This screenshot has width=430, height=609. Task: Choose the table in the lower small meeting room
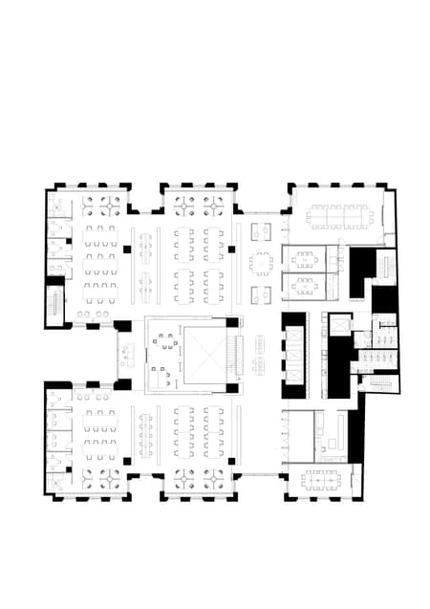click(x=304, y=284)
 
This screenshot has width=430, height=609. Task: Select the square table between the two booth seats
click(x=261, y=261)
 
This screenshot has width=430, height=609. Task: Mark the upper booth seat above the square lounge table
click(x=261, y=230)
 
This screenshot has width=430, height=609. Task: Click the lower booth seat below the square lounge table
click(x=261, y=294)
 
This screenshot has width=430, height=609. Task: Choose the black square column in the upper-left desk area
click(x=126, y=250)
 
